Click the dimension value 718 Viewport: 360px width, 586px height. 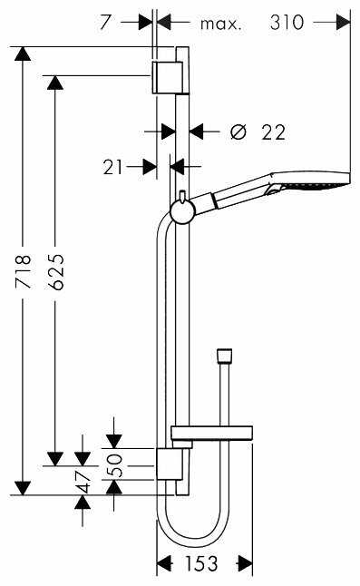click(24, 271)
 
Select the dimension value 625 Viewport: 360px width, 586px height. click(56, 272)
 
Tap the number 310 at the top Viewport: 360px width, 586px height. click(287, 23)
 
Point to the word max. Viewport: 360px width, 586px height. click(221, 24)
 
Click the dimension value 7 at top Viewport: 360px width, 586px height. click(105, 23)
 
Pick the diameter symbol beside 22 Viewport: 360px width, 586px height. click(238, 132)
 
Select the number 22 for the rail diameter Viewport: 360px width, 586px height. click(273, 132)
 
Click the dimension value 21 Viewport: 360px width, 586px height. click(112, 167)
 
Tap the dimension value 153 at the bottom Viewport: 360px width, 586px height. click(201, 563)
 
